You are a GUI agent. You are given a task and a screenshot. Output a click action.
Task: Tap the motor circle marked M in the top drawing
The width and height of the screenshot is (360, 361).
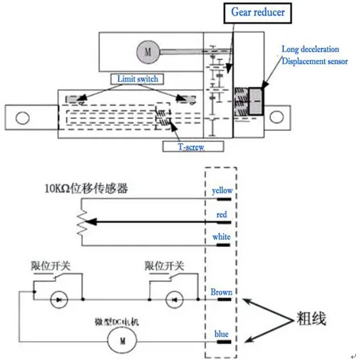[148, 51]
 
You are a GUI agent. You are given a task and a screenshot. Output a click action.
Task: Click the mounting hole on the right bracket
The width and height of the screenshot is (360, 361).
[275, 115]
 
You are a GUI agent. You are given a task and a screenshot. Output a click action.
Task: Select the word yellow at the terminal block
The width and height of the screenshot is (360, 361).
[223, 191]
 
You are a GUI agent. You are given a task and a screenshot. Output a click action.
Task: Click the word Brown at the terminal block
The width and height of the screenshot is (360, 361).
[222, 292]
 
